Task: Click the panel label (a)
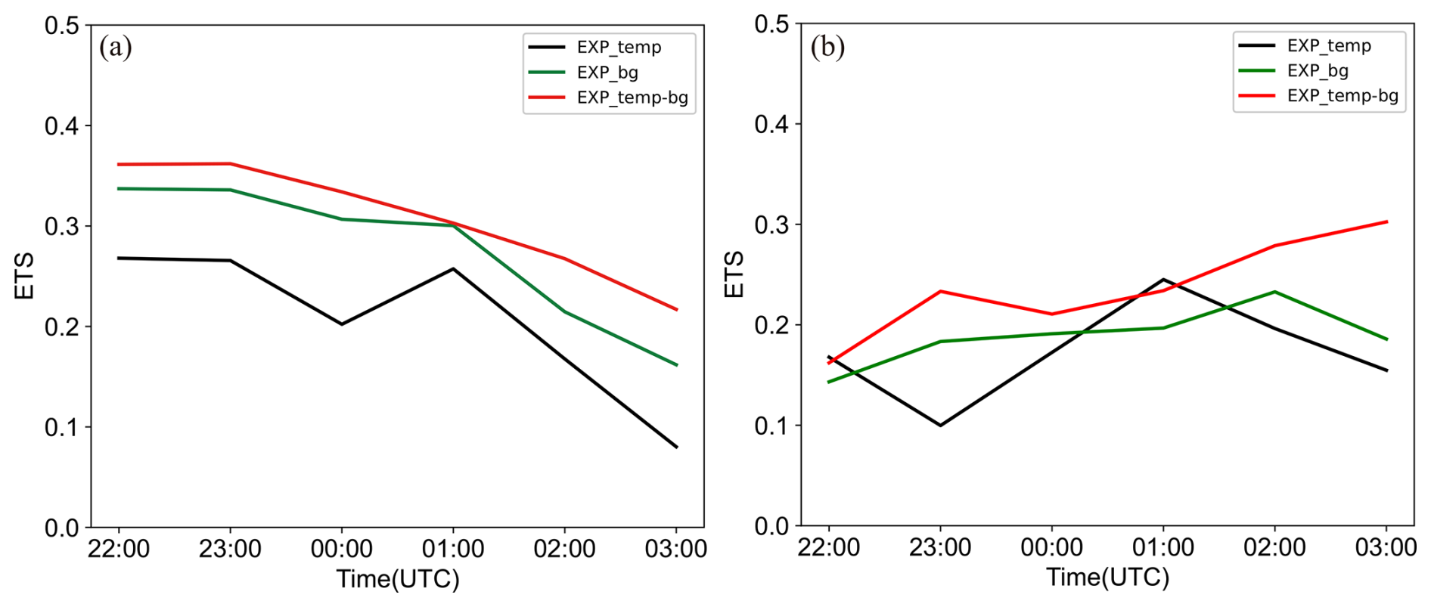click(x=116, y=48)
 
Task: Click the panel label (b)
click(x=827, y=47)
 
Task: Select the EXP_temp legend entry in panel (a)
click(x=619, y=48)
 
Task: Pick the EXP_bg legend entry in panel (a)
click(x=607, y=73)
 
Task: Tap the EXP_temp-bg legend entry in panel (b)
click(x=1343, y=96)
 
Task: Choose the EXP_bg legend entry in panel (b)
click(x=1318, y=71)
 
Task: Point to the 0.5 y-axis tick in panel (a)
click(x=62, y=26)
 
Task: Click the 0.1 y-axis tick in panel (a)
click(x=62, y=427)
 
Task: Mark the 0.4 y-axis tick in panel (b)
click(x=771, y=124)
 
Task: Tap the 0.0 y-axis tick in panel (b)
click(x=771, y=526)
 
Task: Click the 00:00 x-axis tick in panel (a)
click(x=342, y=549)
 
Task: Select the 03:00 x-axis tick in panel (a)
click(x=676, y=549)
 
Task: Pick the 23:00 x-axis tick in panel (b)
click(x=940, y=547)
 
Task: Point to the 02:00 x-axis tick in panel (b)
click(x=1274, y=547)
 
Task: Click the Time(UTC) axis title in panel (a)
click(x=398, y=580)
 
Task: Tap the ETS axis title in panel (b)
click(x=734, y=274)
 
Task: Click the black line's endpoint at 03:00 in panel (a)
click(x=677, y=447)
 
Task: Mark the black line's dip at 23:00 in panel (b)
click(x=940, y=426)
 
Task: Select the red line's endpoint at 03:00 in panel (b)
click(x=1386, y=221)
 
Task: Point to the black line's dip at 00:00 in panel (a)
click(x=342, y=324)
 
